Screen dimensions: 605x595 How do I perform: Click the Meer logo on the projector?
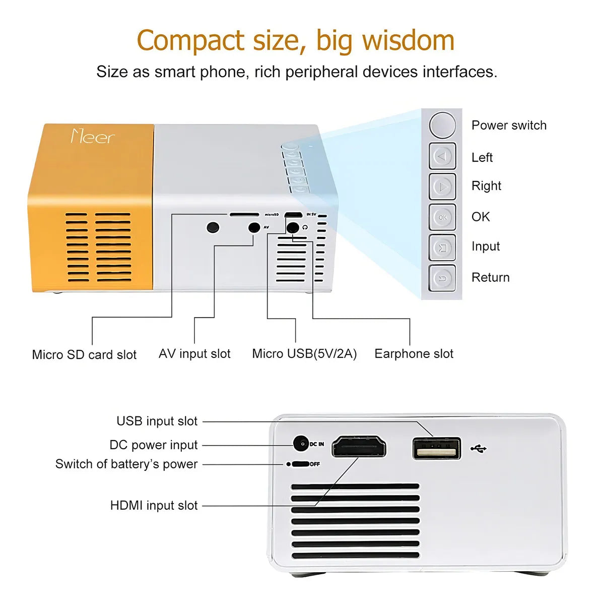tap(93, 136)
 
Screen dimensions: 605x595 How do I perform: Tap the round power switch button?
tap(442, 125)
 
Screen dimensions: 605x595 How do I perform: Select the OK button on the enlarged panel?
tap(442, 217)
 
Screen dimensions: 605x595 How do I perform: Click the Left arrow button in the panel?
tap(442, 156)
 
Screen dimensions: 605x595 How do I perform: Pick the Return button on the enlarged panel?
tap(442, 278)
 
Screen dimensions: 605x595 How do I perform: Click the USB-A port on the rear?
tap(436, 448)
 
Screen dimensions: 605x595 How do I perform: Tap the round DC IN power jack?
tap(301, 444)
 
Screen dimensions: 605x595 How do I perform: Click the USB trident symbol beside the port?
tap(478, 448)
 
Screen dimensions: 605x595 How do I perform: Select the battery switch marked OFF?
tap(300, 464)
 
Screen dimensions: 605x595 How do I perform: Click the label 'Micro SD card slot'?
tap(84, 355)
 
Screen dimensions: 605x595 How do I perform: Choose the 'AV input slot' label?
tap(194, 354)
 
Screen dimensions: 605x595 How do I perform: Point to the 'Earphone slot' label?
tap(414, 354)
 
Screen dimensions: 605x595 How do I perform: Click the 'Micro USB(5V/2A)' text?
tap(304, 354)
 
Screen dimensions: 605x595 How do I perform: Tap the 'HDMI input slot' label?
tap(154, 506)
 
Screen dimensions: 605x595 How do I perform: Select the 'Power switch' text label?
tap(509, 126)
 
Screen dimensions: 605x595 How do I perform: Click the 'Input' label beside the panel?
tap(486, 247)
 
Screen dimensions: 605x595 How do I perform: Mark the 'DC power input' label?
tap(154, 445)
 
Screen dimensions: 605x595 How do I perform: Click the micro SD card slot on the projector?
tap(244, 215)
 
